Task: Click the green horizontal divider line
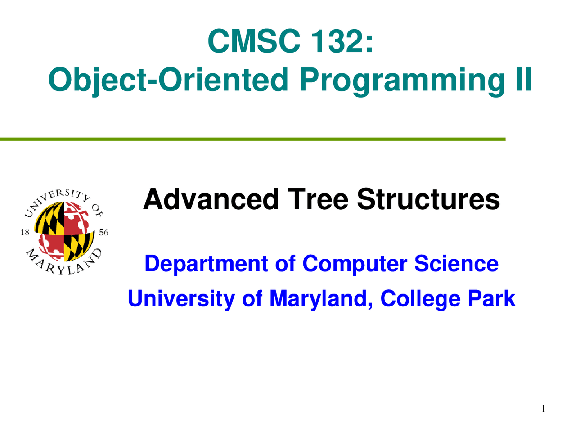(252, 139)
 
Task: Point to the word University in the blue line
(180, 298)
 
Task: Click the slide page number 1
(543, 409)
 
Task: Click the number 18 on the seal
(25, 232)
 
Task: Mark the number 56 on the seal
(103, 233)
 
